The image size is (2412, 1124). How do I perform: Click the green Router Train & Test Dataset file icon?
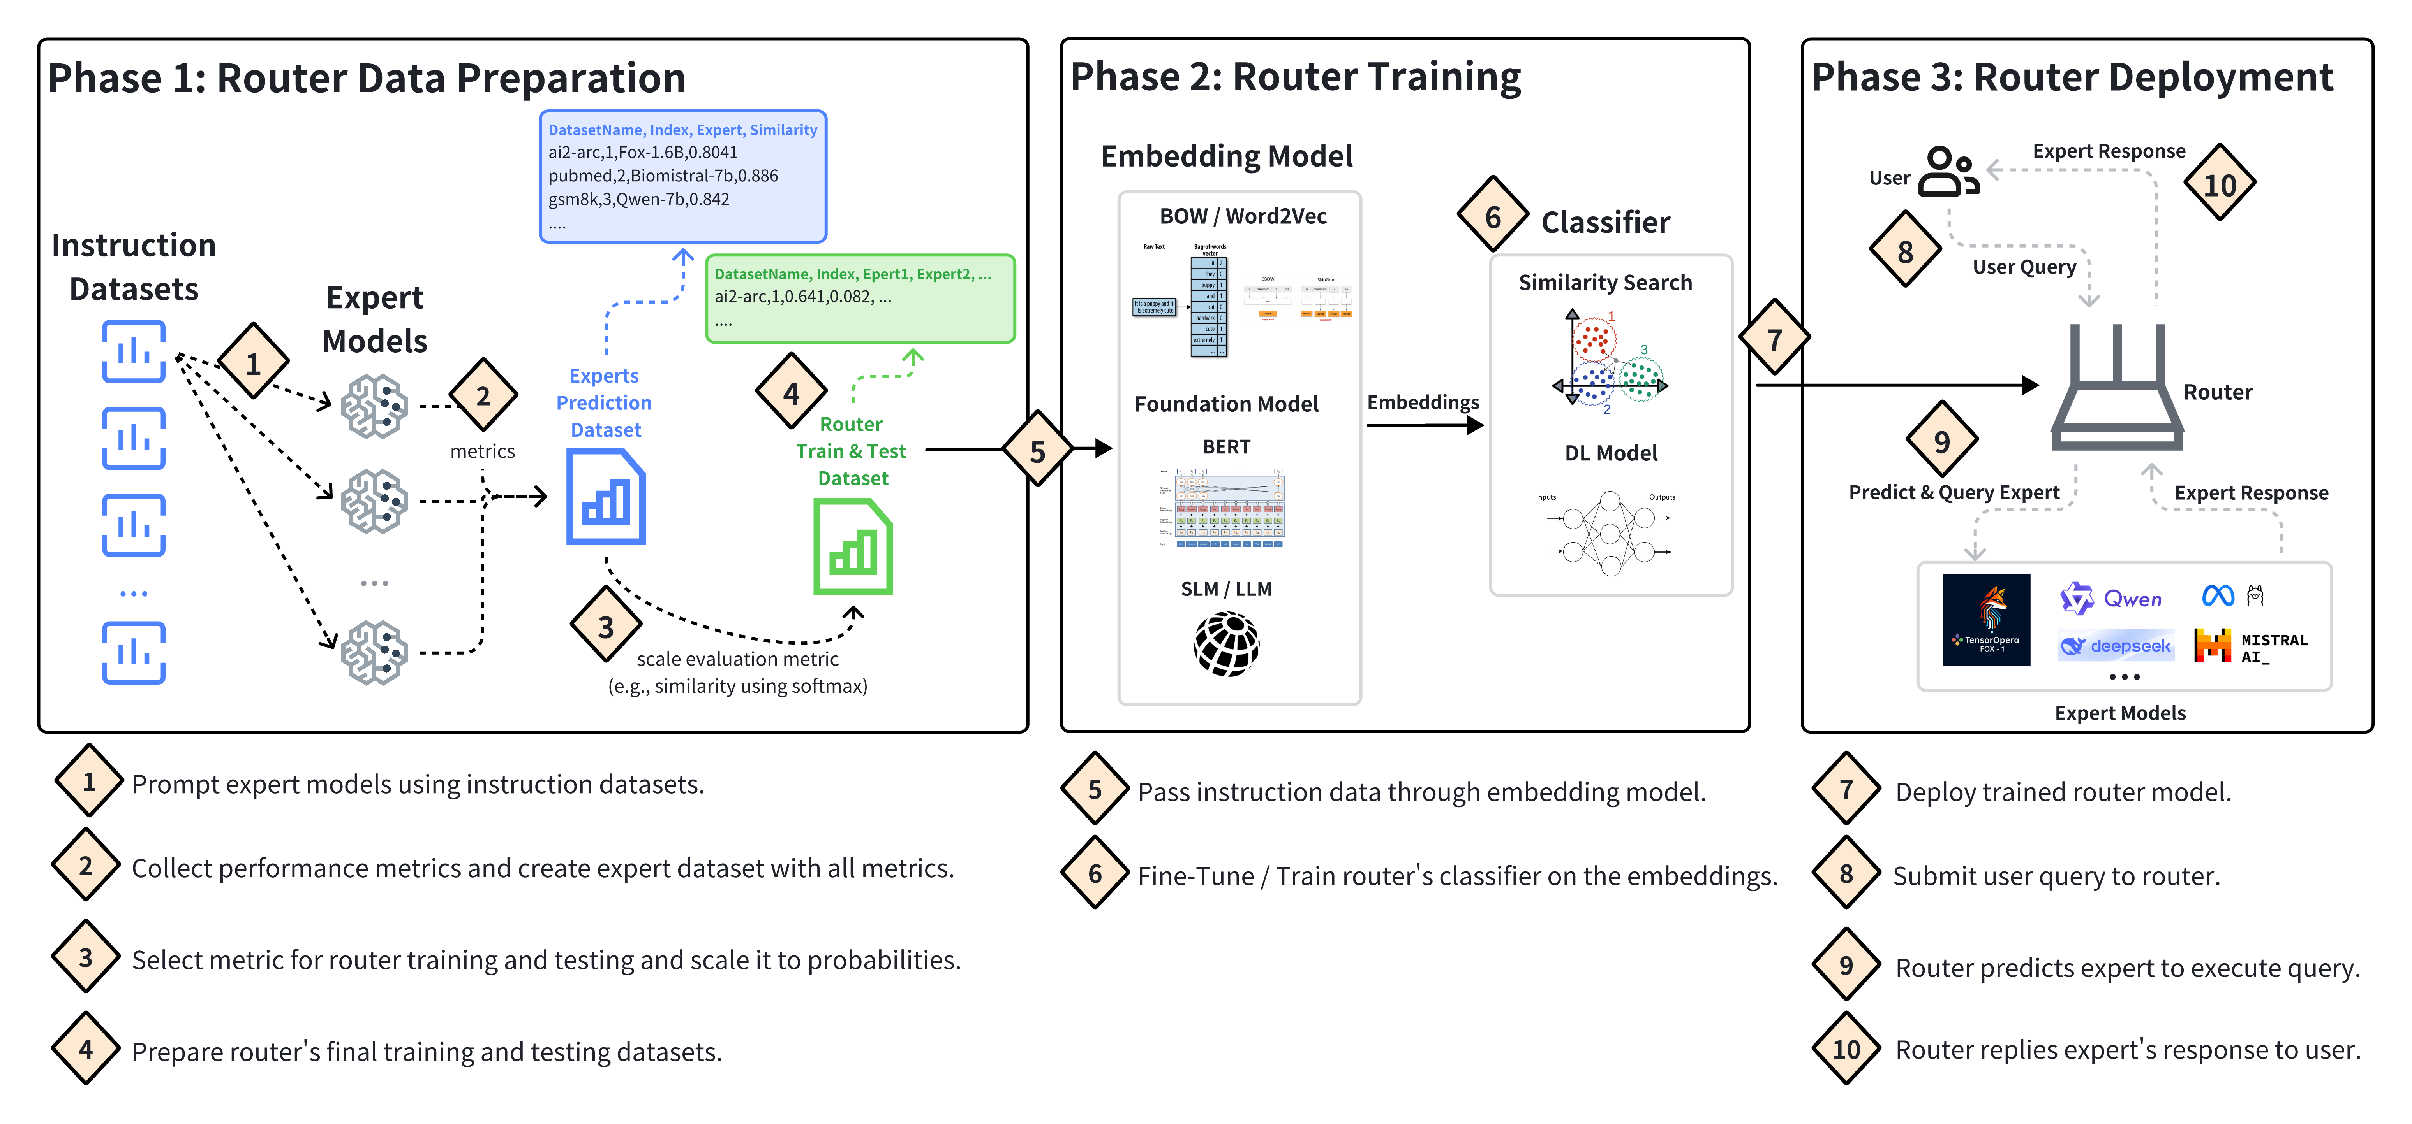click(x=852, y=548)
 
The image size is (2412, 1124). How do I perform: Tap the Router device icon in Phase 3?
click(x=2116, y=388)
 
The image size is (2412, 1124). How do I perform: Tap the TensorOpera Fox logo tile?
click(x=1986, y=620)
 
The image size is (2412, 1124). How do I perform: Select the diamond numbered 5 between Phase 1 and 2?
click(x=1037, y=451)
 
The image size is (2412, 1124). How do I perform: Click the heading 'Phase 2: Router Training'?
click(x=1295, y=77)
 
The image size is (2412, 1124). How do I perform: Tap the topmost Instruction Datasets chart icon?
click(x=134, y=352)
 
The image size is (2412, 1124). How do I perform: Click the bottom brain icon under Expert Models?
click(x=374, y=652)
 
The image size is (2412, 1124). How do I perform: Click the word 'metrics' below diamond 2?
click(x=482, y=451)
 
